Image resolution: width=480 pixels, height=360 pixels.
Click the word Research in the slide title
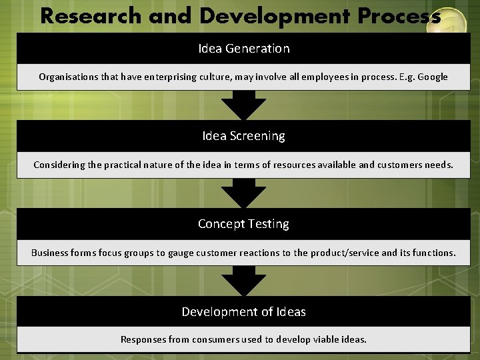91,16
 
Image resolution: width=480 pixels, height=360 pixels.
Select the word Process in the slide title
399,16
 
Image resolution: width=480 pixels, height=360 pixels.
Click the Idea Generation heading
243,49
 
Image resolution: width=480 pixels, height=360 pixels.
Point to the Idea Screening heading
243,136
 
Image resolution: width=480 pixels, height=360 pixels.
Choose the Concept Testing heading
243,224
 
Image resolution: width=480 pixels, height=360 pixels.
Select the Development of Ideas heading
243,312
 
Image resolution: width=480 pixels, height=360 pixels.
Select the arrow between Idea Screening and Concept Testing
243,194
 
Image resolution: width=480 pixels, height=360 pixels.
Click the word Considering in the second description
61,165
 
